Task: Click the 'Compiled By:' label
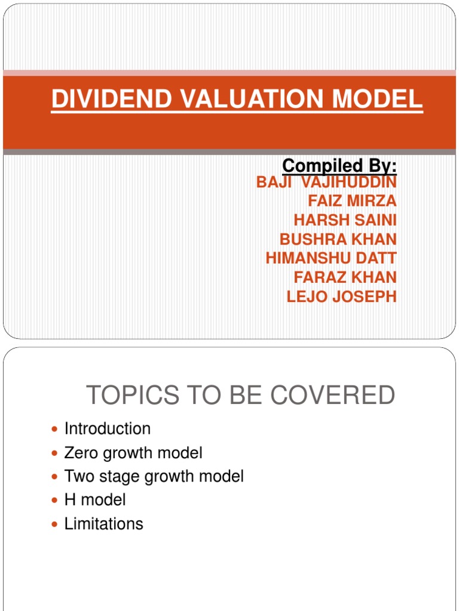(339, 165)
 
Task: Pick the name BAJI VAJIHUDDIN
(326, 182)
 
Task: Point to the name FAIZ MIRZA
(352, 201)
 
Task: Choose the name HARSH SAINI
(345, 220)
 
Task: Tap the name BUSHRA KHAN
(338, 239)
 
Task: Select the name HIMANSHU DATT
(331, 258)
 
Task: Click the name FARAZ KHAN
(345, 277)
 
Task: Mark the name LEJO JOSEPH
(341, 297)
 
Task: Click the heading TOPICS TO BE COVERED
(241, 396)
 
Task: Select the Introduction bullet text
(108, 429)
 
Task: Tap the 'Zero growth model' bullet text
(133, 453)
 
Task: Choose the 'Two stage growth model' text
(154, 477)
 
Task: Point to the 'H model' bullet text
(95, 499)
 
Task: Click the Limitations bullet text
(104, 524)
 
